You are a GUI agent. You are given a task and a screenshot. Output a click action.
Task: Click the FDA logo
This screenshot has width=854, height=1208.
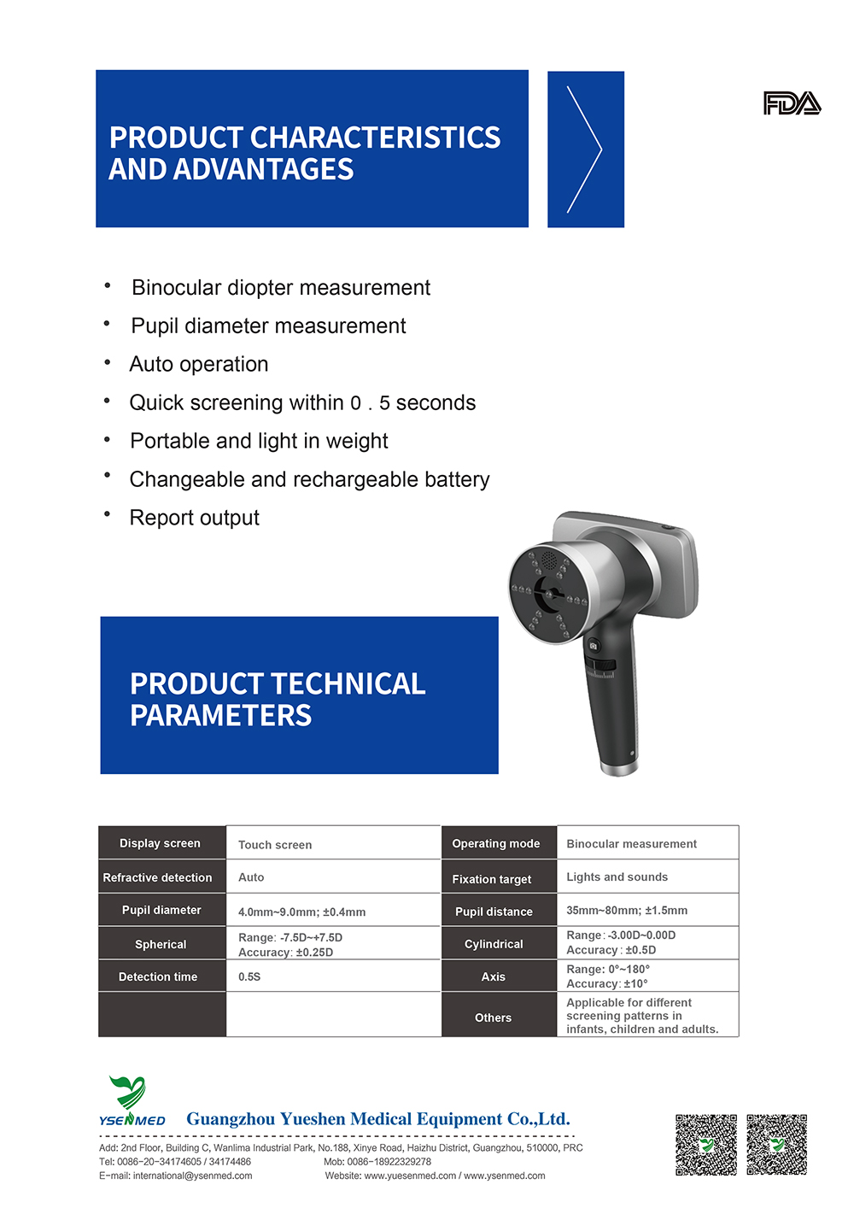pyautogui.click(x=792, y=103)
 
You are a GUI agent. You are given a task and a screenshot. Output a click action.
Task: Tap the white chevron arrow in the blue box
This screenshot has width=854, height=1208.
pyautogui.click(x=585, y=150)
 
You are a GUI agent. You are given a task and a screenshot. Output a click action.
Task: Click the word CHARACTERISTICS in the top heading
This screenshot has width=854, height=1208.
pyautogui.click(x=376, y=138)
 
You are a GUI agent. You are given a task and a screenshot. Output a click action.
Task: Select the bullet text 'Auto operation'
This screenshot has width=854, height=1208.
pyautogui.click(x=199, y=365)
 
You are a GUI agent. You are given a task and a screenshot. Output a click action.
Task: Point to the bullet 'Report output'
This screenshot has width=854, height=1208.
pyautogui.click(x=195, y=518)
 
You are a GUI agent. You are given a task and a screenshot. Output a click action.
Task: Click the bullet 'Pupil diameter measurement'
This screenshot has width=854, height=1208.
pyautogui.click(x=268, y=326)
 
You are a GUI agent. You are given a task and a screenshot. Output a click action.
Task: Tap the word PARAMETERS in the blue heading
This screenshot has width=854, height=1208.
pyautogui.click(x=221, y=716)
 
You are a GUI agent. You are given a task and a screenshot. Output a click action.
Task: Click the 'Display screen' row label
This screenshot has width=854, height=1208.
pyautogui.click(x=160, y=843)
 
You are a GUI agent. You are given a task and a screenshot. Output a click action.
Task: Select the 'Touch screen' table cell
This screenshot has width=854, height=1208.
pyautogui.click(x=275, y=845)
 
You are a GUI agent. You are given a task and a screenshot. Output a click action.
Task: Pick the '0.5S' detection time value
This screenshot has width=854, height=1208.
pyautogui.click(x=249, y=976)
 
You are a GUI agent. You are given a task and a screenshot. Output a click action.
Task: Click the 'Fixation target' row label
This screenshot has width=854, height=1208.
pyautogui.click(x=492, y=879)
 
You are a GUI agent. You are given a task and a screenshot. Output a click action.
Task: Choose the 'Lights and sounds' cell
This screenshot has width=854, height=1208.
pyautogui.click(x=617, y=877)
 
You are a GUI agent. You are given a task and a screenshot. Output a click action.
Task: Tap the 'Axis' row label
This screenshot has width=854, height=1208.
pyautogui.click(x=494, y=976)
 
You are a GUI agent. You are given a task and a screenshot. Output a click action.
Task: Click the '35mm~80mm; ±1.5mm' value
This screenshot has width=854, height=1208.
pyautogui.click(x=627, y=911)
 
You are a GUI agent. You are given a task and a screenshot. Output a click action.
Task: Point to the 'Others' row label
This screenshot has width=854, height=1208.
pyautogui.click(x=494, y=1017)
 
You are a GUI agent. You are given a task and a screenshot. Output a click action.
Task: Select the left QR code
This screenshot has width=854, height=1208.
pyautogui.click(x=706, y=1145)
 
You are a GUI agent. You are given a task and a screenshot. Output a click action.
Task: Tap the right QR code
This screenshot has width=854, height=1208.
pyautogui.click(x=777, y=1145)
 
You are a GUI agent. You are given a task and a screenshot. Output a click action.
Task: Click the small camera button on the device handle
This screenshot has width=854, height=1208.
pyautogui.click(x=594, y=646)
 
